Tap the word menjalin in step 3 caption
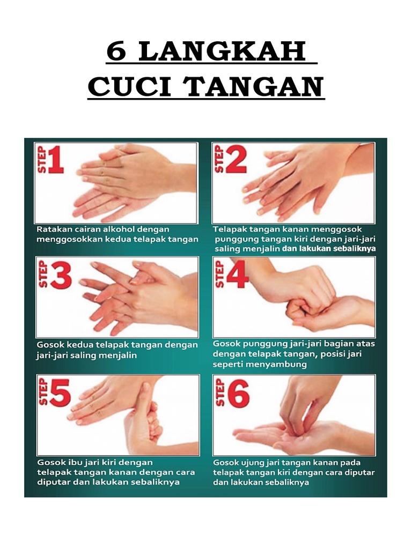117,355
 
